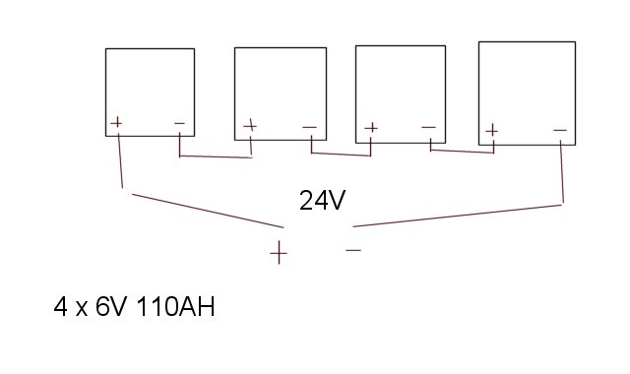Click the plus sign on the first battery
tap(116, 122)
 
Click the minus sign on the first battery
tap(179, 123)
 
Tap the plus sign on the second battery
tap(250, 126)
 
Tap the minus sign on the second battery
tap(309, 127)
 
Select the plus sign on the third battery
tap(371, 128)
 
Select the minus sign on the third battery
tap(429, 127)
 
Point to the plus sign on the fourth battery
tap(491, 131)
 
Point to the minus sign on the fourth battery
tap(560, 130)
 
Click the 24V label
tap(322, 200)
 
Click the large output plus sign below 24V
tap(279, 253)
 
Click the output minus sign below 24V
tap(353, 250)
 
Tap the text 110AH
tap(176, 306)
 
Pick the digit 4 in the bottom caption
tap(60, 306)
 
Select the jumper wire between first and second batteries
tap(216, 156)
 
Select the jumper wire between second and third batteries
tap(341, 154)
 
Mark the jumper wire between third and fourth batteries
tap(462, 152)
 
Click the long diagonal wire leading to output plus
tap(208, 211)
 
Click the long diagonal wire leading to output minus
tap(457, 216)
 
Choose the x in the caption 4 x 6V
tap(82, 309)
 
